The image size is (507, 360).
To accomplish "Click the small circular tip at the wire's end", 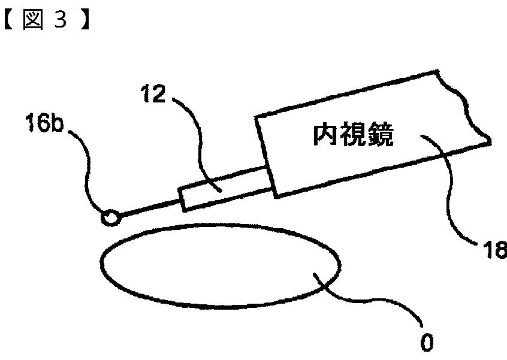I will click(x=111, y=217).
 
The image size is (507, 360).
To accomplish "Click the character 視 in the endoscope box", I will click(x=353, y=137).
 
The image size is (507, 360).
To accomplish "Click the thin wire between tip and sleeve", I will click(x=150, y=206).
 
